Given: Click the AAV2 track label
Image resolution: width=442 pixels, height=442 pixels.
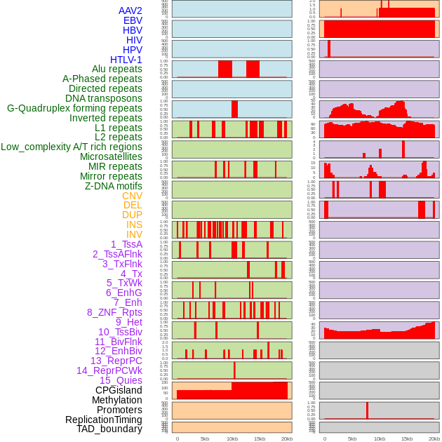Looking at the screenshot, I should [x=130, y=11].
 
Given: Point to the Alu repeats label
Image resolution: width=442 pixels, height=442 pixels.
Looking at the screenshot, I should [x=117, y=69].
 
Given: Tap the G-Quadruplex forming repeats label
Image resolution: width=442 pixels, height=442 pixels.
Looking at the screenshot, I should [x=75, y=108].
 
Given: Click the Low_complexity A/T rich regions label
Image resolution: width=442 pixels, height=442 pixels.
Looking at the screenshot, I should [x=72, y=147].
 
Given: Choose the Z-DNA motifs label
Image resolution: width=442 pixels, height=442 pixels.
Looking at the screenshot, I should [x=114, y=186].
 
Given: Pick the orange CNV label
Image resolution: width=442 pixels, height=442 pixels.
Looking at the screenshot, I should [x=132, y=196].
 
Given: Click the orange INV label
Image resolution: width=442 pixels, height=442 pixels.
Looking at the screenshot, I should [x=134, y=234].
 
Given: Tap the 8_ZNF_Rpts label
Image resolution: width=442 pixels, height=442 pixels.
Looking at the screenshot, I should [x=114, y=312].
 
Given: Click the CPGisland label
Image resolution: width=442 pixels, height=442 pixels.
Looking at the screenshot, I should [x=119, y=390].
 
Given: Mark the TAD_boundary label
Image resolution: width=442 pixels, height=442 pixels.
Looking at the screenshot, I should [x=109, y=429].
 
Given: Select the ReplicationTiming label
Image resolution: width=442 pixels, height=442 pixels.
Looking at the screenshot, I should [x=104, y=420].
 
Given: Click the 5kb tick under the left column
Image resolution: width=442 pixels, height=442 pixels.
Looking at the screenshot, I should [x=205, y=439].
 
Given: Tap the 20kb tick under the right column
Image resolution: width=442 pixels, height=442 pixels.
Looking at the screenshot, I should [x=434, y=439].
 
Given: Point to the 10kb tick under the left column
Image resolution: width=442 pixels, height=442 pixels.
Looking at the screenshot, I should [x=232, y=439].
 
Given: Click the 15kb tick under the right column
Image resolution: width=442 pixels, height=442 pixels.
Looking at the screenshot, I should [x=407, y=439].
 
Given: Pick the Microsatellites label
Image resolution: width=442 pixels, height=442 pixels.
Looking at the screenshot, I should [x=111, y=156].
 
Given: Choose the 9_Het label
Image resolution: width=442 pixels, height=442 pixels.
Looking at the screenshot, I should [x=129, y=322].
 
